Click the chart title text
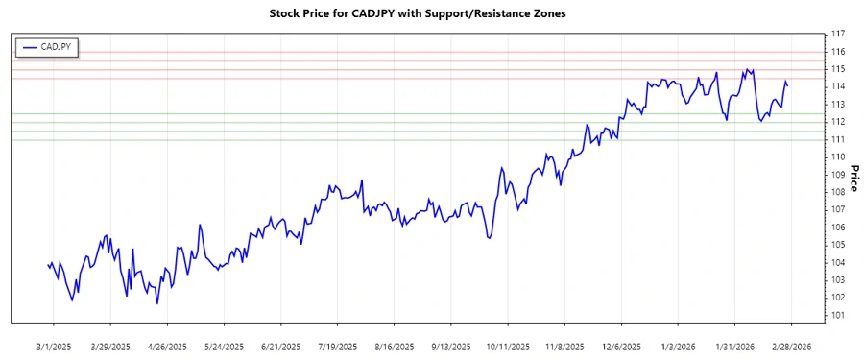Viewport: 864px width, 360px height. [x=432, y=14]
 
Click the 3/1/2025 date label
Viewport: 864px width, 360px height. [x=55, y=346]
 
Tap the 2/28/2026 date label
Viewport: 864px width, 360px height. [x=791, y=346]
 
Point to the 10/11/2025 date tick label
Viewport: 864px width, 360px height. [x=507, y=346]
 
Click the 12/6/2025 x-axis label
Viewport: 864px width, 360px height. [x=621, y=346]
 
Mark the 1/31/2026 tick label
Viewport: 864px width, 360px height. [x=734, y=346]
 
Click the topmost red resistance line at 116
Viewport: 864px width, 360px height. [x=432, y=51]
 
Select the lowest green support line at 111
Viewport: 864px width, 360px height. [x=432, y=140]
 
